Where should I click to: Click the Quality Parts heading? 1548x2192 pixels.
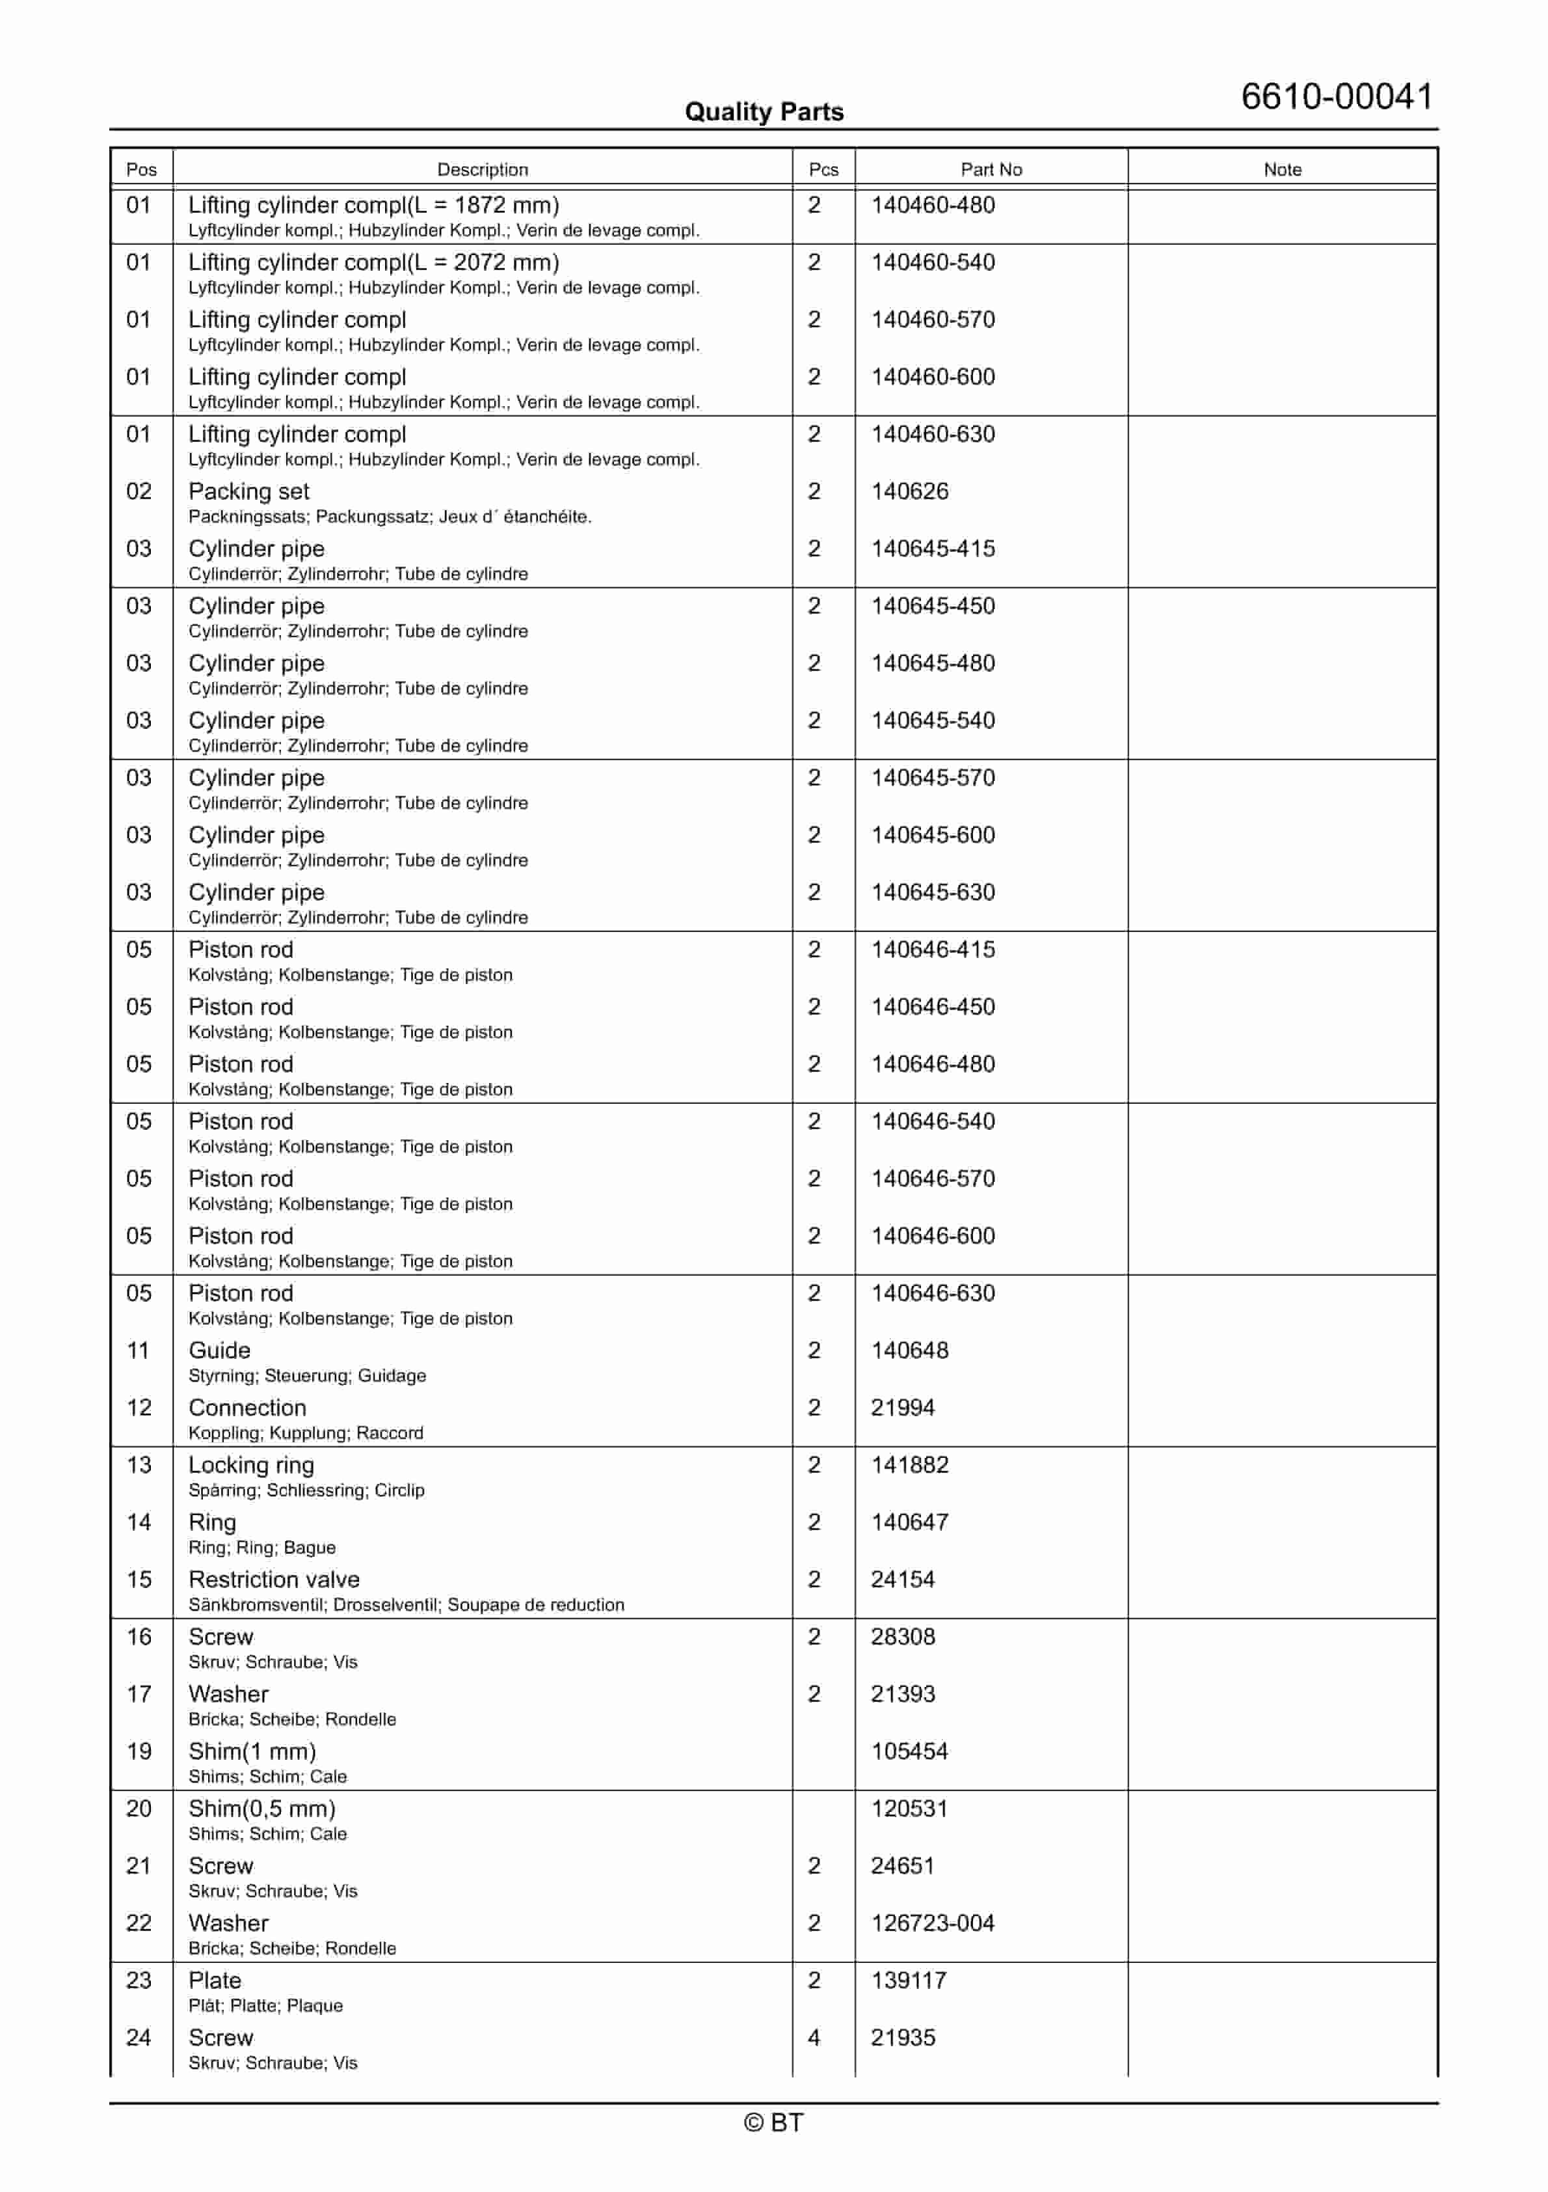click(764, 112)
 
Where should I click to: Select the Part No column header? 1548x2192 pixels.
click(991, 169)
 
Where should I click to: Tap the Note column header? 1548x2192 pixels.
click(1282, 169)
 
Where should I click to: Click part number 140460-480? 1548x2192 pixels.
click(933, 205)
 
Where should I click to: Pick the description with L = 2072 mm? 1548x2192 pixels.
click(373, 262)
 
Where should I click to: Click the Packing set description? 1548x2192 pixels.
click(248, 491)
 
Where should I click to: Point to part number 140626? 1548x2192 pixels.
click(909, 491)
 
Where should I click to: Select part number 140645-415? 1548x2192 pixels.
click(933, 549)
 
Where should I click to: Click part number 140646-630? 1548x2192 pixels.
click(933, 1294)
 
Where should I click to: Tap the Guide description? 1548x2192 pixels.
click(219, 1351)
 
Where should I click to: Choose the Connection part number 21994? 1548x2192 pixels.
click(902, 1408)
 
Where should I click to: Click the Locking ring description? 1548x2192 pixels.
click(251, 1466)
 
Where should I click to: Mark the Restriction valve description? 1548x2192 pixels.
click(274, 1580)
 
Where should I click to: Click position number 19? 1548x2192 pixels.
click(139, 1752)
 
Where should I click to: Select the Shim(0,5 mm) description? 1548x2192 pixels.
click(261, 1809)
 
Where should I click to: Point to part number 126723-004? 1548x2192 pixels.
click(933, 1924)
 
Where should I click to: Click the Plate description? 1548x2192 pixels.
click(215, 1981)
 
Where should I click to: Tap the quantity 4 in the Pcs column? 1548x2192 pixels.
click(814, 2038)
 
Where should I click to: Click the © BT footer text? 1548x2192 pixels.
click(773, 2122)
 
